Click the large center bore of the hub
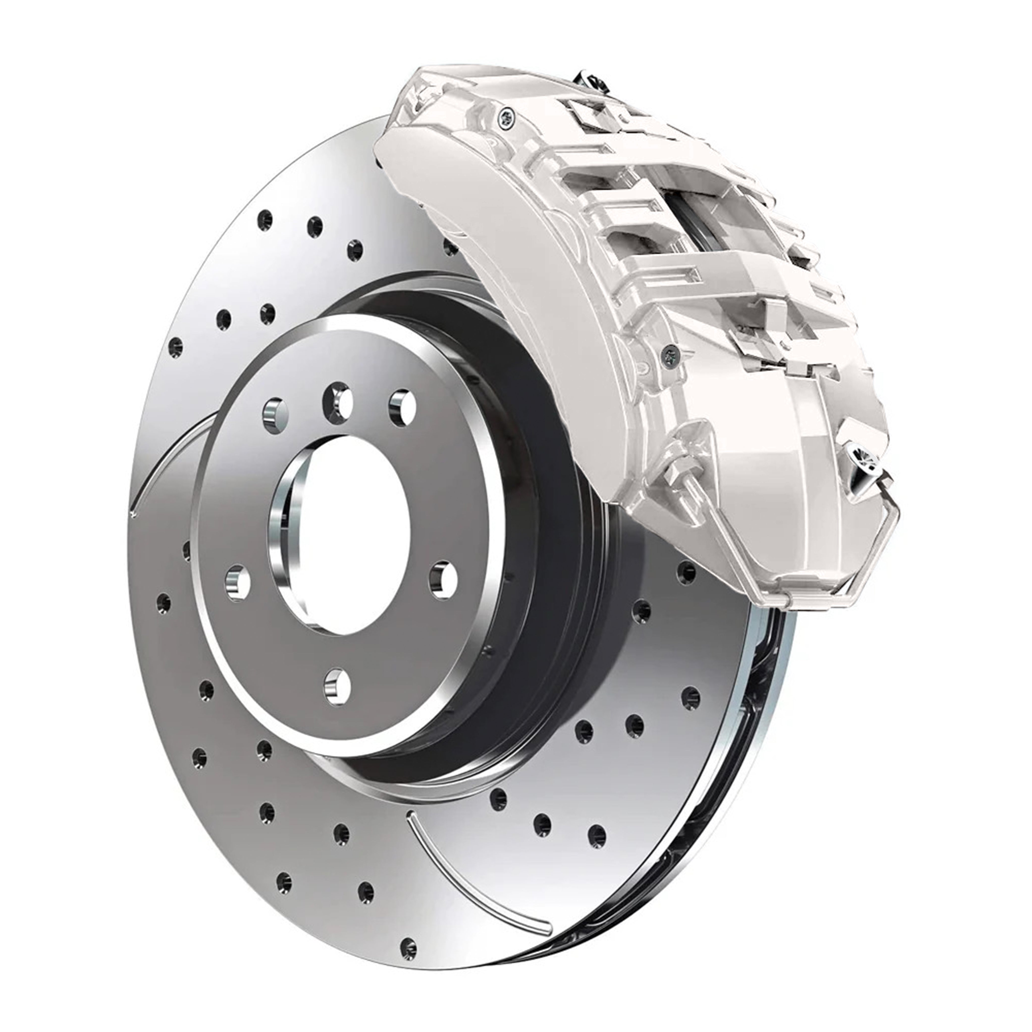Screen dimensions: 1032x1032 point(342,534)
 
